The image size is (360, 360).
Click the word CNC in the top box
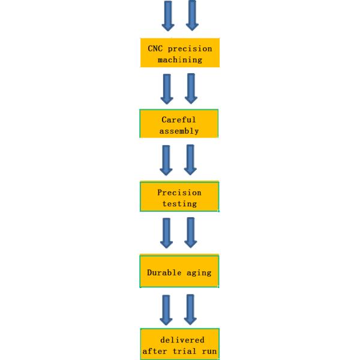[155, 49]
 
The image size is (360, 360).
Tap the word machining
[180, 59]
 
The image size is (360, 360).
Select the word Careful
[179, 119]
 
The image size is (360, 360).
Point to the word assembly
[179, 131]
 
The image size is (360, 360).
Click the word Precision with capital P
[179, 193]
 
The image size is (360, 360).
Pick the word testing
[180, 204]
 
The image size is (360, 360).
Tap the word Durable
[164, 272]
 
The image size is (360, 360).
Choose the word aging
[199, 273]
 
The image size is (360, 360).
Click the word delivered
[182, 340]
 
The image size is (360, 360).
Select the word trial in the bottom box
[184, 351]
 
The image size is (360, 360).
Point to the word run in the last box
[209, 352]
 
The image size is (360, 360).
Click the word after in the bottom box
[155, 351]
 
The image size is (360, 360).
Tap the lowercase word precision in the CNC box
[190, 49]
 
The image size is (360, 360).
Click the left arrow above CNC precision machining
[168, 16]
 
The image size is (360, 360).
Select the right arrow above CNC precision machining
[192, 15]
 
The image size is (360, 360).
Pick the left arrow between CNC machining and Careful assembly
[167, 89]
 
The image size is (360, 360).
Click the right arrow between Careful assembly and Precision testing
[190, 160]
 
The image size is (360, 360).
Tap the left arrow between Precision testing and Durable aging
[166, 233]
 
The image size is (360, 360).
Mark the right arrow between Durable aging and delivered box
[190, 310]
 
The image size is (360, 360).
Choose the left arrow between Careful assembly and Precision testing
[166, 160]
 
